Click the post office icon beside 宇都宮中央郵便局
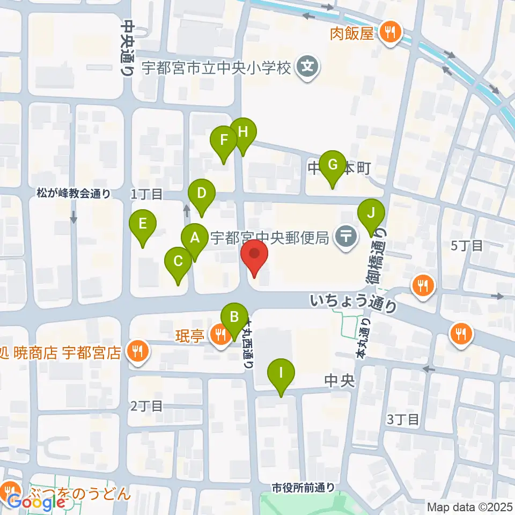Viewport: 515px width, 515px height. (x=347, y=237)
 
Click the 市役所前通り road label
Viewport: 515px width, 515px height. (x=303, y=488)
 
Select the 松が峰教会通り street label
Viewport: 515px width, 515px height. (x=74, y=193)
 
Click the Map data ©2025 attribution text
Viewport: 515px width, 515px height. (x=469, y=507)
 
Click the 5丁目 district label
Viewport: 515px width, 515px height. (x=467, y=246)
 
